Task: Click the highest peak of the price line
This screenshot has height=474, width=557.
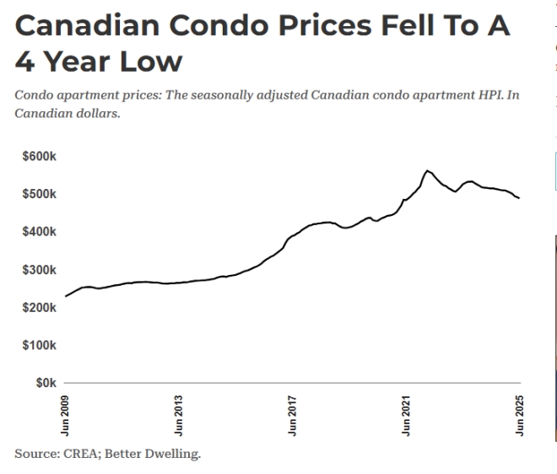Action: [428, 170]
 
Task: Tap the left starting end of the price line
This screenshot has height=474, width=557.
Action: [66, 296]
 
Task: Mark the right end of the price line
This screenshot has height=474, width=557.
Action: [519, 198]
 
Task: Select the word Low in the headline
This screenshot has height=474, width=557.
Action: [151, 62]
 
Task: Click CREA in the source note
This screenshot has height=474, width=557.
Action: [78, 455]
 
